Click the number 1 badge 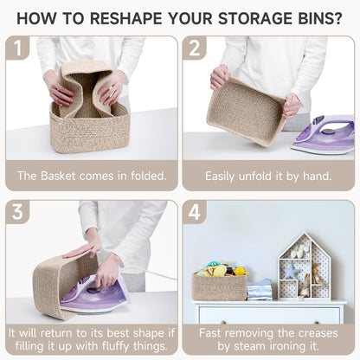(18, 48)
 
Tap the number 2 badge (195, 48)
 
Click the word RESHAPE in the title (127, 17)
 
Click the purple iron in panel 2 (323, 136)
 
